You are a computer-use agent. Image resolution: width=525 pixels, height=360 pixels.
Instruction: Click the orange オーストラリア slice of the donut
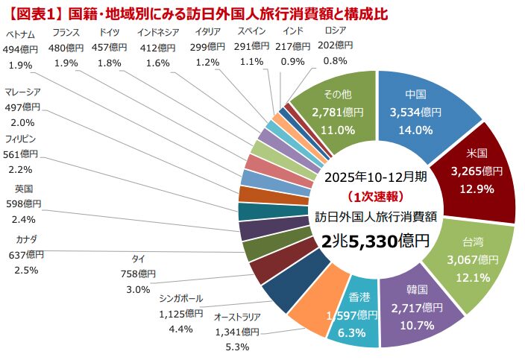[313, 309]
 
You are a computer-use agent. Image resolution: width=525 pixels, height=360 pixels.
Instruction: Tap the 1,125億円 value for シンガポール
[181, 313]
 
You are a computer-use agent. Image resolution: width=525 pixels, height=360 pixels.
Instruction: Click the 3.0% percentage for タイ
[138, 289]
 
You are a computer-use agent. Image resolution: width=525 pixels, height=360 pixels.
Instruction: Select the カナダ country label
[26, 239]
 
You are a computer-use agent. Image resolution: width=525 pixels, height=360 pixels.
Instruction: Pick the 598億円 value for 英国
[26, 203]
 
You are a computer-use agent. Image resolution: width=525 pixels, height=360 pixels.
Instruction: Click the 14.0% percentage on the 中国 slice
[416, 129]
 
